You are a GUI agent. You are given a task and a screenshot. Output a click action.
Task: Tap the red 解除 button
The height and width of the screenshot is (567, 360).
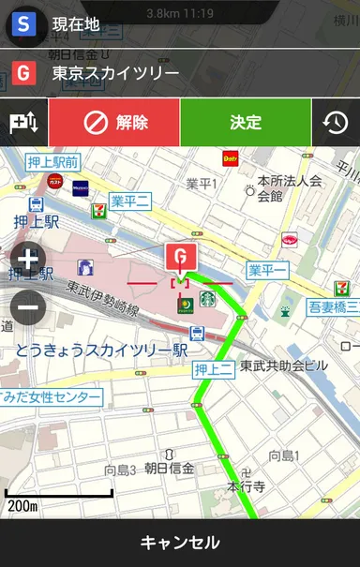114,123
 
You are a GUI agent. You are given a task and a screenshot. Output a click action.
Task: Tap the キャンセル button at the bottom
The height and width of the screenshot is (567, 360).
180,543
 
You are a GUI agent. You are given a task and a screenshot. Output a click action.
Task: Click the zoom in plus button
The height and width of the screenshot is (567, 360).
28,260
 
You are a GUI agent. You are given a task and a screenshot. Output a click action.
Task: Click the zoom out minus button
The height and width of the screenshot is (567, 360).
28,305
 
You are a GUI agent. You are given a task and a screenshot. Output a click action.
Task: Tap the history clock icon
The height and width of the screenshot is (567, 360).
336,123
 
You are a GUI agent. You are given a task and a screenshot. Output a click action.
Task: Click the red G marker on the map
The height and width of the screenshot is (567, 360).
177,256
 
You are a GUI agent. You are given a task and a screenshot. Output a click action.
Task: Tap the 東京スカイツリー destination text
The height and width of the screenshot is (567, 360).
116,72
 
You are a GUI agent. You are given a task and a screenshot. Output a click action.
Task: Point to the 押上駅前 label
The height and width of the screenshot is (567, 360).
52,162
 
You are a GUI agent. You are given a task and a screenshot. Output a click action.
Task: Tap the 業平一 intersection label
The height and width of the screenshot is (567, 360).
268,270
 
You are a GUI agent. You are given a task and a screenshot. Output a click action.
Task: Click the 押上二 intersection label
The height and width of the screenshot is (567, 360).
213,370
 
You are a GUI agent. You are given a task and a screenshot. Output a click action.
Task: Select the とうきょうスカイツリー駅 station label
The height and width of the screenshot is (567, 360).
101,351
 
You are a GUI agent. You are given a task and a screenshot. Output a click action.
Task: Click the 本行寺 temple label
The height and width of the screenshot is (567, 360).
247,487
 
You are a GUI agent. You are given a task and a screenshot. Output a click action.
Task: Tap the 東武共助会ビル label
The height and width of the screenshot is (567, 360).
284,366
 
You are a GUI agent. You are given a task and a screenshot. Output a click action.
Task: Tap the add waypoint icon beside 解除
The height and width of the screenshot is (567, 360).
23,123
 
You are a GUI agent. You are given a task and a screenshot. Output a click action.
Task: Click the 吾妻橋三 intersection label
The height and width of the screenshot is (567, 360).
333,306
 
